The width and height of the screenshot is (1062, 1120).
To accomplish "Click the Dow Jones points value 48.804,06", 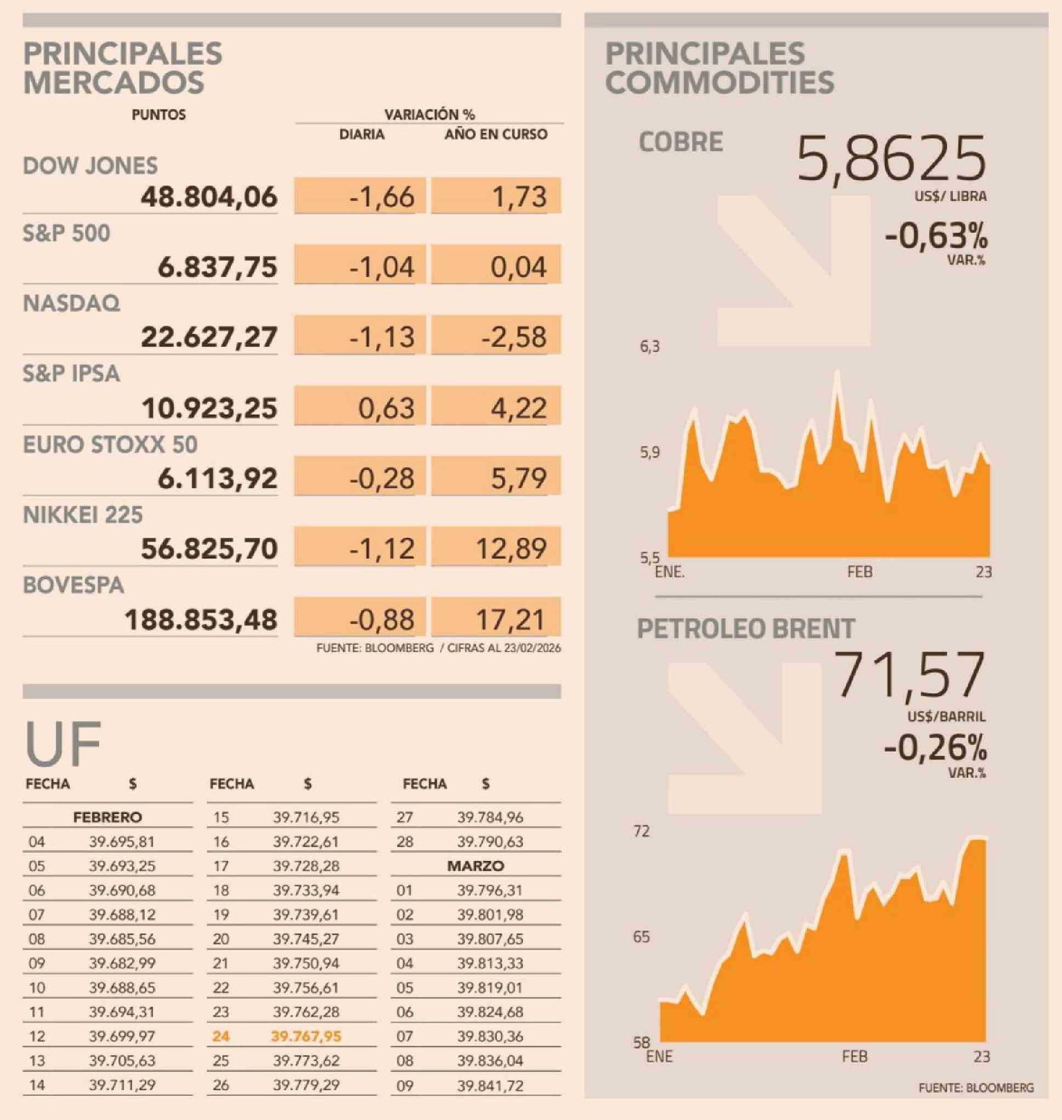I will tap(209, 197).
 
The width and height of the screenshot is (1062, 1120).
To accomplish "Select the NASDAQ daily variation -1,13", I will tap(382, 337).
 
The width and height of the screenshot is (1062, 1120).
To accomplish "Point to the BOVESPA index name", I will tap(73, 585).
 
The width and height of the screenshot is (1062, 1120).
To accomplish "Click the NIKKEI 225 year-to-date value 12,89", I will tap(511, 548).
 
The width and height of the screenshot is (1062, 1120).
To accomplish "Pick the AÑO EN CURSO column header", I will tap(496, 134).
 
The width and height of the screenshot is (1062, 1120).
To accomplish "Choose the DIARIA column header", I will tap(362, 134).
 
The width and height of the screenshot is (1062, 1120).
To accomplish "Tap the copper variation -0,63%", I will tap(936, 237).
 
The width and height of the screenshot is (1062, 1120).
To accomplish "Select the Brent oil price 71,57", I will tap(911, 675).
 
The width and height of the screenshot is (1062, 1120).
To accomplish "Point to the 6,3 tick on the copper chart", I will tap(649, 347).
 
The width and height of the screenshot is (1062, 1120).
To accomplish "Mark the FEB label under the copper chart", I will tap(859, 572).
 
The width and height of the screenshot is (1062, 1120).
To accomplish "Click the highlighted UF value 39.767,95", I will tap(306, 1036).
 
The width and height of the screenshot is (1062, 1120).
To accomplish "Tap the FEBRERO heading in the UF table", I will tap(107, 817).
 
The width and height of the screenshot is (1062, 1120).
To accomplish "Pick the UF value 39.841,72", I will tap(490, 1085).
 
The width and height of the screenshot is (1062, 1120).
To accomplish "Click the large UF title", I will tap(62, 744).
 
